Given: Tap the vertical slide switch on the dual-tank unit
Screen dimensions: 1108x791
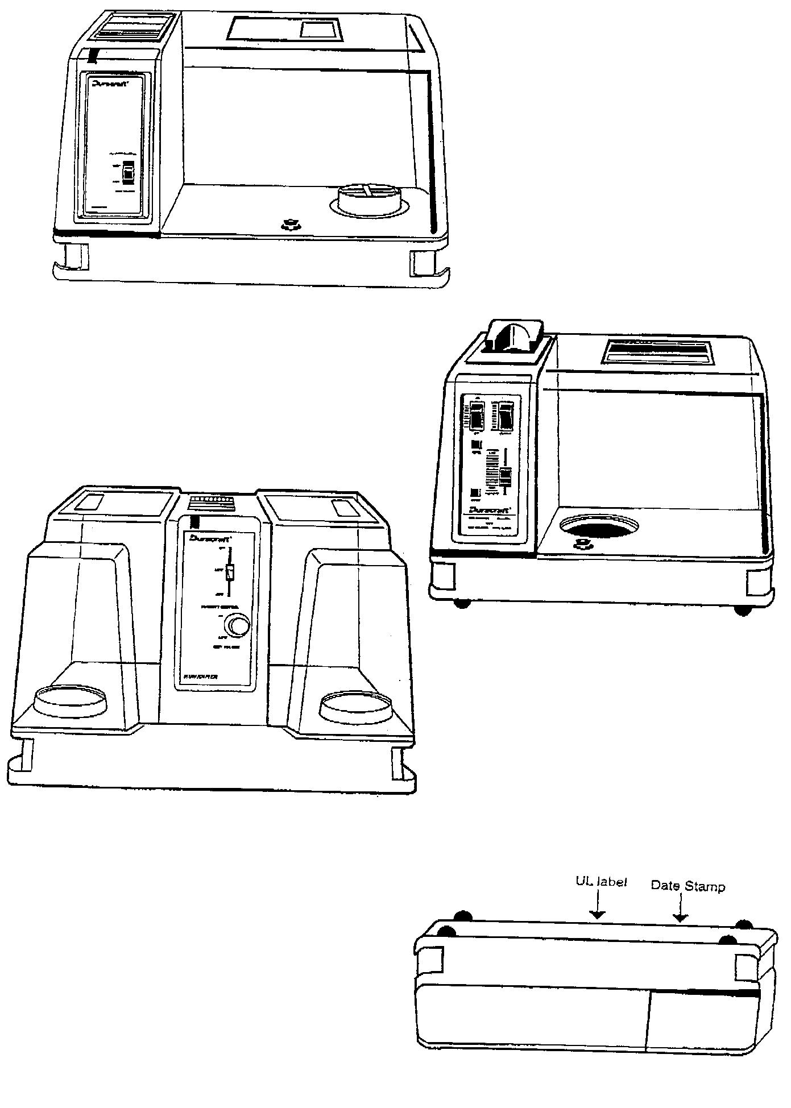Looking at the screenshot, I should point(229,572).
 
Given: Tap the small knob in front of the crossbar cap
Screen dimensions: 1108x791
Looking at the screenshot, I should point(290,224).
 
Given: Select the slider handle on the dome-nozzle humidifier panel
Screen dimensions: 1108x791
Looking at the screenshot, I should point(506,475).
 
